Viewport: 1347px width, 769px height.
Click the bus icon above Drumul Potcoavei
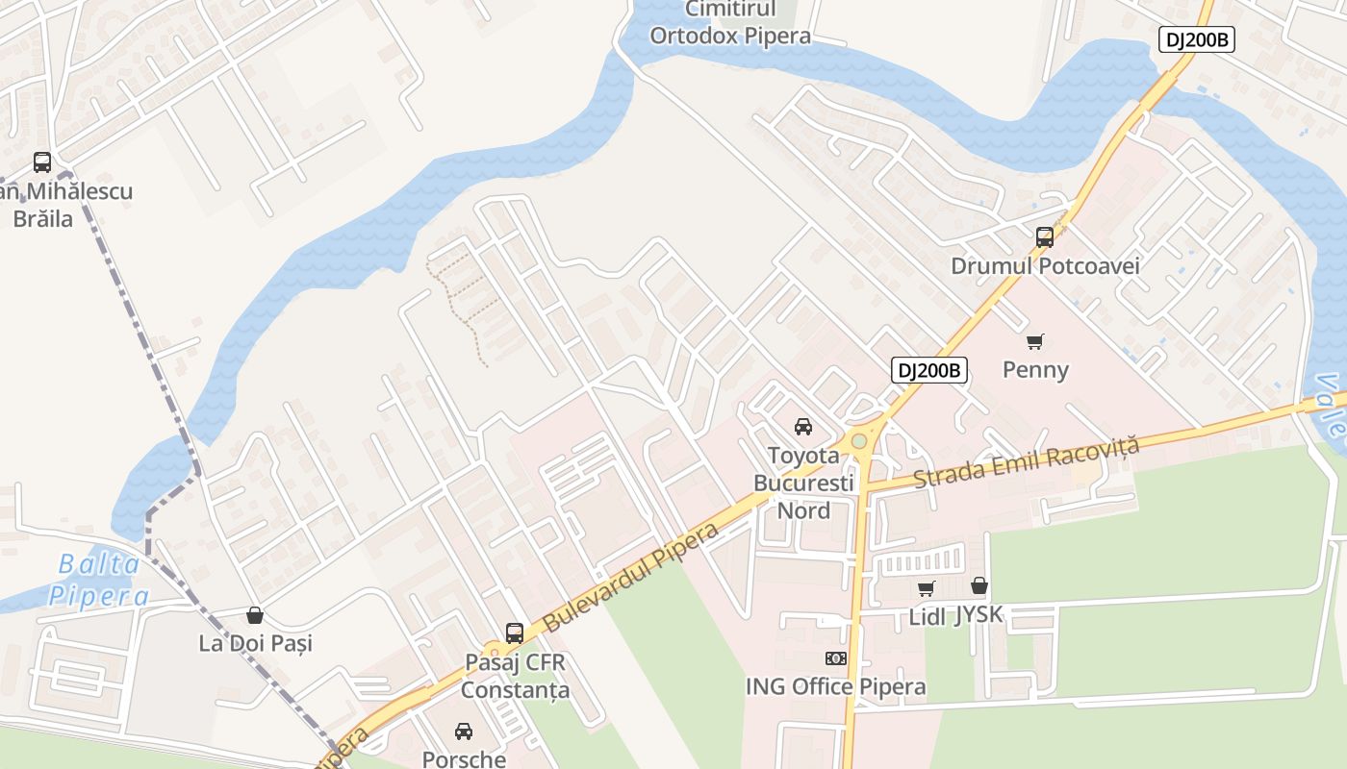(1045, 236)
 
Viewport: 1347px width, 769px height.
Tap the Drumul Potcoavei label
(1045, 266)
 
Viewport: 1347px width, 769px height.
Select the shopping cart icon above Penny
(1035, 341)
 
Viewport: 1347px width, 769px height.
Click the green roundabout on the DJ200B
(859, 441)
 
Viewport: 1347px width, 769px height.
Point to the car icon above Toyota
(803, 427)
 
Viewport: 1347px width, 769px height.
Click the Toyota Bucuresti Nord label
(803, 483)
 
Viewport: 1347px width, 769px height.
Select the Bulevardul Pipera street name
(631, 577)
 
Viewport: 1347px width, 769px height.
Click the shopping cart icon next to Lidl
(926, 588)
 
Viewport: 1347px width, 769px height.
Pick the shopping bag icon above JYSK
(979, 585)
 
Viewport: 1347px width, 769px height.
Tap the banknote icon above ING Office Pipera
(836, 658)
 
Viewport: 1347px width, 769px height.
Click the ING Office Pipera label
(836, 686)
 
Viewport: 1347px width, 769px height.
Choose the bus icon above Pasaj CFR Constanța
(515, 633)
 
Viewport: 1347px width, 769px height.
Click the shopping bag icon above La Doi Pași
(255, 615)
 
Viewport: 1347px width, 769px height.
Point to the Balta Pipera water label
(99, 580)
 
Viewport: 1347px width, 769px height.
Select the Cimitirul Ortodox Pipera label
(730, 24)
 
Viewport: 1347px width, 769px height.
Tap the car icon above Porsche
(464, 732)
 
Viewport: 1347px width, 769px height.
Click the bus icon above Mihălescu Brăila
(42, 161)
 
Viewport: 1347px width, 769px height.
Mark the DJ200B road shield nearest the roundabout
(928, 370)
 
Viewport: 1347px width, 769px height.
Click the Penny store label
(1035, 370)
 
